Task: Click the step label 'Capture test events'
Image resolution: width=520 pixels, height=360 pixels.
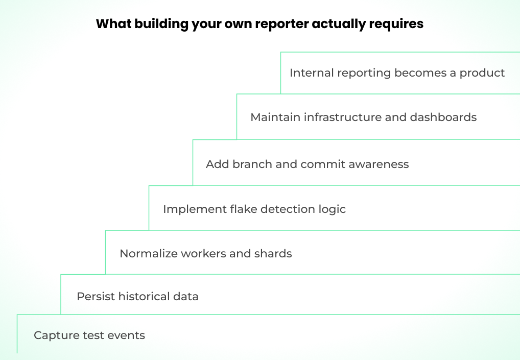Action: tap(89, 335)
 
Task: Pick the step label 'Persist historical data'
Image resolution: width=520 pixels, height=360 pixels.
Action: tap(137, 296)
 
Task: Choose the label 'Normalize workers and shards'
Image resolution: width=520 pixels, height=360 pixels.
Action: tap(205, 253)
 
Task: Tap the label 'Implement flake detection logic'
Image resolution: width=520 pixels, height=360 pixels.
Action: tap(254, 209)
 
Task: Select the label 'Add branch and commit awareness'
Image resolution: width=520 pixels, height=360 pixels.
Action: tap(307, 164)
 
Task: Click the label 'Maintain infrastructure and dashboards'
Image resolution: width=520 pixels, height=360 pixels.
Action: tap(363, 117)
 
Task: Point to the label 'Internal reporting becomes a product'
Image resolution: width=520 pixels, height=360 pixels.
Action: tap(397, 73)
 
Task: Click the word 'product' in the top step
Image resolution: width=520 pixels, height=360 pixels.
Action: tap(482, 73)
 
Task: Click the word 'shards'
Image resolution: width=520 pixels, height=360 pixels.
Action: tap(275, 253)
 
